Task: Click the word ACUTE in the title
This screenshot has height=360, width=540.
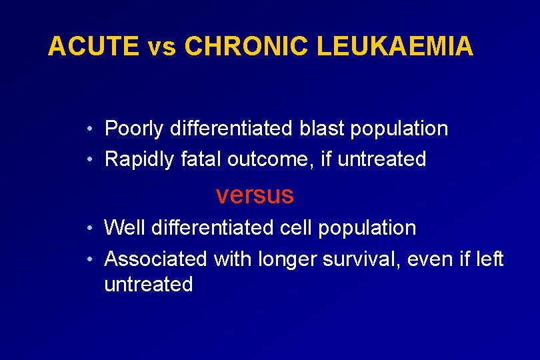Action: click(93, 47)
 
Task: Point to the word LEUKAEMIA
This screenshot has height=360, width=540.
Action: click(395, 47)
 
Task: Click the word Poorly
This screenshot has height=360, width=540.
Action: click(134, 128)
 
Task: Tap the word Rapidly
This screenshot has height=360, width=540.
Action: click(140, 159)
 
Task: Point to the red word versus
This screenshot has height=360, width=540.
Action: click(255, 195)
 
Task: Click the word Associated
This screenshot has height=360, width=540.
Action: click(156, 258)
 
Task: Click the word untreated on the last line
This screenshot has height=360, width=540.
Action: click(149, 285)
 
